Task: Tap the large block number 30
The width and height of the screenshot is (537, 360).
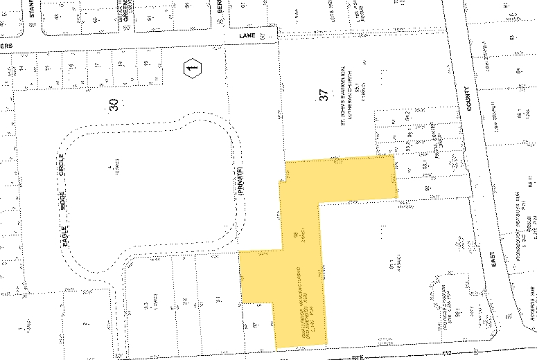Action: [114, 104]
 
